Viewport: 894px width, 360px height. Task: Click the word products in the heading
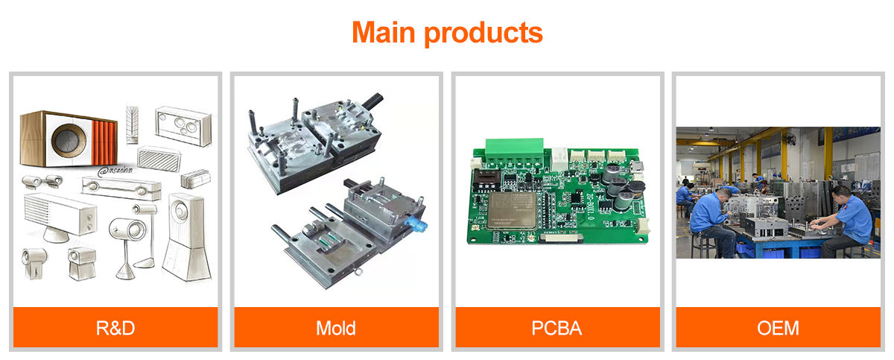(x=483, y=34)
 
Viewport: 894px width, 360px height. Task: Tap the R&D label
(x=115, y=328)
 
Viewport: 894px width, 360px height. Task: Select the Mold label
(x=336, y=328)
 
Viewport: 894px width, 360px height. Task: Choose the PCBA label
(x=557, y=328)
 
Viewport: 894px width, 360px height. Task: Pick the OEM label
(x=778, y=328)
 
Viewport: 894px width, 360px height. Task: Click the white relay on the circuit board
(x=559, y=159)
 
